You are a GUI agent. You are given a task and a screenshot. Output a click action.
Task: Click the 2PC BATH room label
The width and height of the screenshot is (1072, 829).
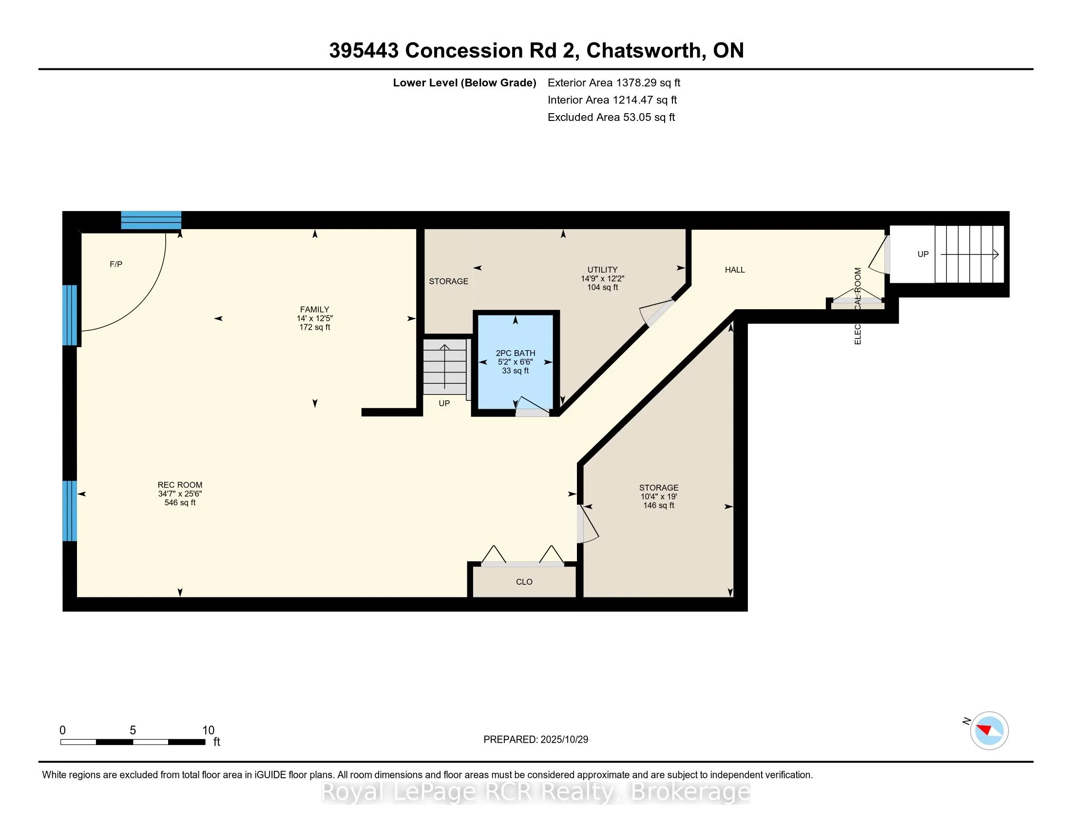point(516,353)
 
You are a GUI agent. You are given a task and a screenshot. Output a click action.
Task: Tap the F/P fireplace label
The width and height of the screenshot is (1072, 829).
point(116,264)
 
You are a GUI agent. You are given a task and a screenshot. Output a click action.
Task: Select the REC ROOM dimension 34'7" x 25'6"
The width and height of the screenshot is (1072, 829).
point(180,493)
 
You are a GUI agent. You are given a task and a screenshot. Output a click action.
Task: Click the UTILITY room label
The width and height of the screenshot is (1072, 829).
point(602,270)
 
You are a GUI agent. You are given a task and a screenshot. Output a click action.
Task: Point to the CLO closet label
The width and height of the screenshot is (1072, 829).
point(524,581)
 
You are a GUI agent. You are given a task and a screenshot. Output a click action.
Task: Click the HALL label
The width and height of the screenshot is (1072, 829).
point(735,270)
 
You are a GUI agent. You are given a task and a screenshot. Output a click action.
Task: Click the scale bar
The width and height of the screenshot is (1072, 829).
point(133,742)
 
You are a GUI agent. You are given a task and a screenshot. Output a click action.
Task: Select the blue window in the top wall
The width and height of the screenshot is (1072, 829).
point(151,220)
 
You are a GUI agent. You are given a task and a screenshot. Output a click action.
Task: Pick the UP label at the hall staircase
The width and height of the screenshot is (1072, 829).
point(923,254)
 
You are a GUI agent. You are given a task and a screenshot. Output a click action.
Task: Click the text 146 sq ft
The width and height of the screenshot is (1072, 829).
point(659,505)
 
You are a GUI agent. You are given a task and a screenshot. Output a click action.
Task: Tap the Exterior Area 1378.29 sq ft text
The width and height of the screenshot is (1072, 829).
point(613,82)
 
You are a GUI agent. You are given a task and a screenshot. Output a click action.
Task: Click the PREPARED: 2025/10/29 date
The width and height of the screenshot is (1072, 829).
point(536,740)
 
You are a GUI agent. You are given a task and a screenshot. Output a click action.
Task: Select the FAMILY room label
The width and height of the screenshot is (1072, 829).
point(315,309)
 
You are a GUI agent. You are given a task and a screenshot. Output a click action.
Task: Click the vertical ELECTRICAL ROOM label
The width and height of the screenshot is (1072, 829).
point(858,305)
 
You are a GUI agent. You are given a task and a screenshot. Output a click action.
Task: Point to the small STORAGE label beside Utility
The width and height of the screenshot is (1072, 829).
point(449,281)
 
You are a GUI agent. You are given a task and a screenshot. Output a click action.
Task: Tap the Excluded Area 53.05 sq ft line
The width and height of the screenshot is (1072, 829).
point(611,117)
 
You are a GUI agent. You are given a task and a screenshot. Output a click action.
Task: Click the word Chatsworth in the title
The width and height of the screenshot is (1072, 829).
point(643,51)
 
